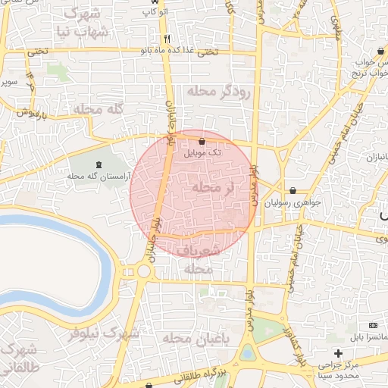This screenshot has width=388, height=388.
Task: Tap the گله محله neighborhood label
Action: coord(99,109)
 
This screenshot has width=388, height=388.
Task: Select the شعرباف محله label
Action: coord(199,258)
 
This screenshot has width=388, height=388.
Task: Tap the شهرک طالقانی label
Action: coord(18,359)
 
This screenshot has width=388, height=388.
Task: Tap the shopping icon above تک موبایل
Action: coord(202,141)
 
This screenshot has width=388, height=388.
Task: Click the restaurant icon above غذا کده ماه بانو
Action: coord(167,39)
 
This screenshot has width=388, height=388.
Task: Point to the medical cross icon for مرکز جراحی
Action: coord(338,353)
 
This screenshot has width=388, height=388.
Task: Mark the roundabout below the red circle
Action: coord(143,271)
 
